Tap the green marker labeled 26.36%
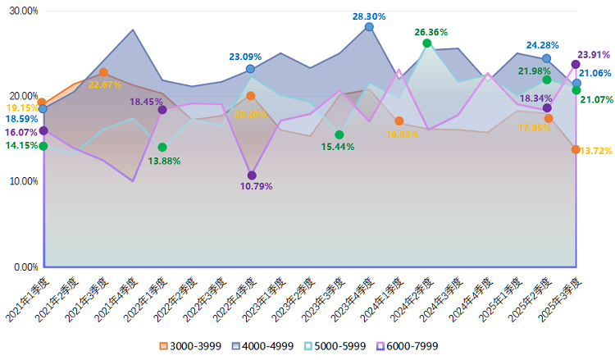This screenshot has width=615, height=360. pos(427,43)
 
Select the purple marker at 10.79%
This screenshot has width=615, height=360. pos(252,175)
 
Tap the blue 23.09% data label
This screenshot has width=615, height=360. pos(245,57)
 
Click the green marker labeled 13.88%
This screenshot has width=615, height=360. pos(162,148)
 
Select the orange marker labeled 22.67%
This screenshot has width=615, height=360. pos(103,72)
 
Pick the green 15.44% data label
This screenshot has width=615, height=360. pos(339,147)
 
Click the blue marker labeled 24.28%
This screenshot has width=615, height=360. pos(547,58)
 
